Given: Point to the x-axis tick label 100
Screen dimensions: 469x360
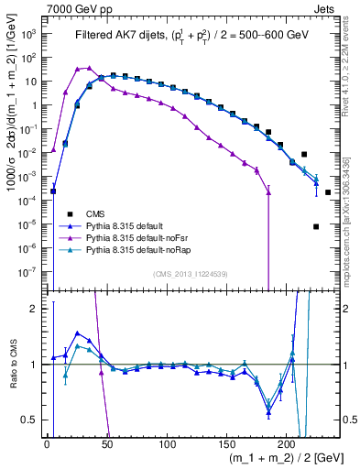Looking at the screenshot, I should coord(167,444).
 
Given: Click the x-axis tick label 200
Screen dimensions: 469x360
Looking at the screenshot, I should coord(287,444).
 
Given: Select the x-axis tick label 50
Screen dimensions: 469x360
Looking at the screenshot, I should coord(107,444).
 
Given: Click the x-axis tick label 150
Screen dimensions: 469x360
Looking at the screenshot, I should coord(226,444).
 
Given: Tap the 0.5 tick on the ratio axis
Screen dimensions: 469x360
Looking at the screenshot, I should coord(34,420).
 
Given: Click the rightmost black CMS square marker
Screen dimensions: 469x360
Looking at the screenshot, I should coord(328,192).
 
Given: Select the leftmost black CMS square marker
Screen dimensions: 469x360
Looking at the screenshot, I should coord(53,191).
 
